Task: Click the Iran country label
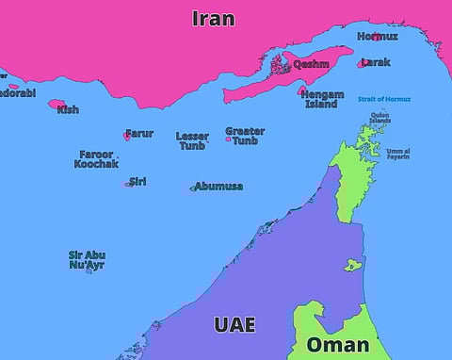[x=213, y=18]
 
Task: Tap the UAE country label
[x=234, y=325]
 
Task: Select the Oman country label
[x=337, y=344]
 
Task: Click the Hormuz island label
[x=377, y=37]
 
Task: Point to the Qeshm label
[x=311, y=64]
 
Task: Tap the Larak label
[x=376, y=62]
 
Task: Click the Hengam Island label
[x=324, y=99]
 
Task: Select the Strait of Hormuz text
[x=385, y=98]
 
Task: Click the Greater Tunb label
[x=245, y=136]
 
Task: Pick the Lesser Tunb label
[x=192, y=140]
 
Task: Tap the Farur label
[x=139, y=133]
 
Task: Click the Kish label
[x=68, y=109]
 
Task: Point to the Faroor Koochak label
[x=96, y=158]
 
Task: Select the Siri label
[x=137, y=181]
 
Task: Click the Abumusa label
[x=219, y=186]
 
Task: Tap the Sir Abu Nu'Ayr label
[x=87, y=259]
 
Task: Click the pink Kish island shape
[x=56, y=104]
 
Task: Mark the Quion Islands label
[x=380, y=118]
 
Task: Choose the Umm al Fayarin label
[x=397, y=154]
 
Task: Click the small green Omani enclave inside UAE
[x=352, y=265]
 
